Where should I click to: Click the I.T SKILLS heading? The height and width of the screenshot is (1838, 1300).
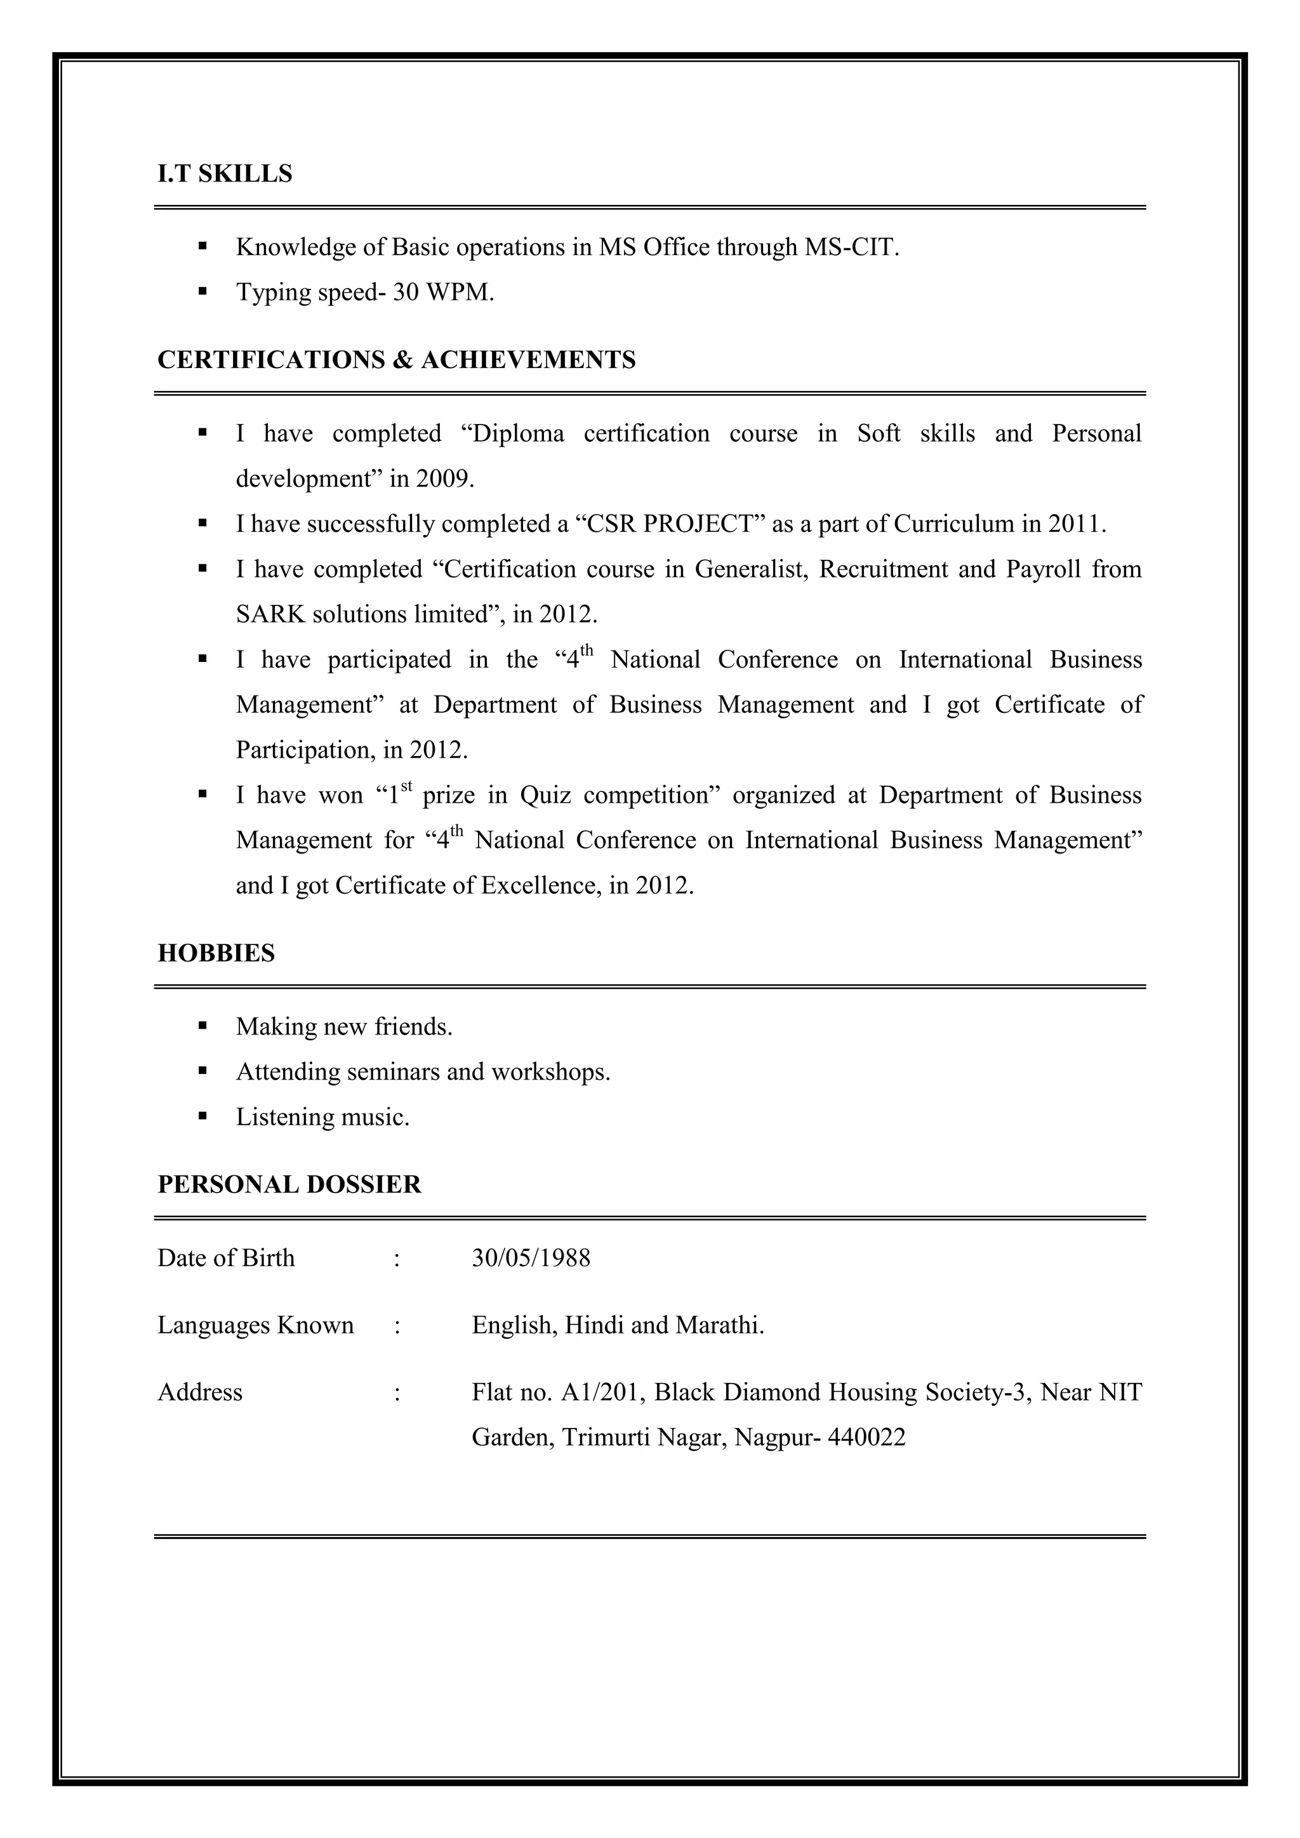point(225,174)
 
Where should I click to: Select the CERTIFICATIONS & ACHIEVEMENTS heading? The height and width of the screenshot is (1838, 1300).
point(396,360)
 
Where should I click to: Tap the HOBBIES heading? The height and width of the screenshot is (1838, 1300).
point(216,953)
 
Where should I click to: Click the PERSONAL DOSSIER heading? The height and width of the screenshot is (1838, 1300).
point(289,1185)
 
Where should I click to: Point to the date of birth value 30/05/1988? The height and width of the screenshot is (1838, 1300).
point(531,1259)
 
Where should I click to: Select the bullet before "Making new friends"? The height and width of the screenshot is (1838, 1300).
point(202,1026)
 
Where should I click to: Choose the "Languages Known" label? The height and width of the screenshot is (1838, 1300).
point(255,1326)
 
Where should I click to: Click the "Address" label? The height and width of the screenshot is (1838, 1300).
point(200,1393)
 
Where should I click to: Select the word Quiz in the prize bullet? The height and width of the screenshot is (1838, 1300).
point(545,796)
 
